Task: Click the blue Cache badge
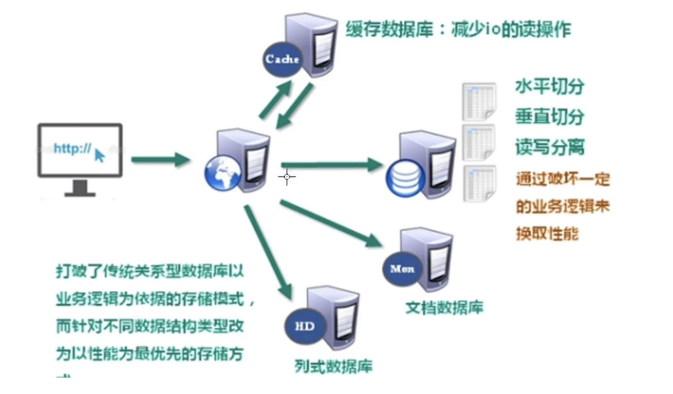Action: pyautogui.click(x=282, y=59)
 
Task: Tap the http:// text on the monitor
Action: pyautogui.click(x=72, y=148)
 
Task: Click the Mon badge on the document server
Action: pyautogui.click(x=402, y=269)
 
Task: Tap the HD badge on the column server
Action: pyautogui.click(x=304, y=326)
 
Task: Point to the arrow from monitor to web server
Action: pyautogui.click(x=160, y=160)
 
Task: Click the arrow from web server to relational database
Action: pyautogui.click(x=332, y=165)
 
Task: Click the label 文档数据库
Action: pyautogui.click(x=444, y=307)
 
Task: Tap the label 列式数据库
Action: pyautogui.click(x=333, y=366)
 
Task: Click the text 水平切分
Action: pyautogui.click(x=549, y=86)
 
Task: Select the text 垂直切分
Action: pyautogui.click(x=549, y=117)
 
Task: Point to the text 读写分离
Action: pyautogui.click(x=549, y=147)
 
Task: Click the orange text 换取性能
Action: pyautogui.click(x=547, y=234)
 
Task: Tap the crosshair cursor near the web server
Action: pyautogui.click(x=287, y=177)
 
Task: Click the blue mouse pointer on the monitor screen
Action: pyautogui.click(x=100, y=156)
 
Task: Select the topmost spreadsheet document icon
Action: pyautogui.click(x=479, y=101)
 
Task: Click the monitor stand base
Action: pyautogui.click(x=80, y=194)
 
